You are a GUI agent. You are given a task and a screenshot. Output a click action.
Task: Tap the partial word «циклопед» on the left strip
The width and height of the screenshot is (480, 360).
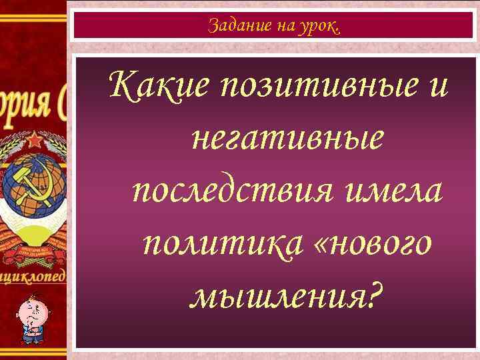[x=33, y=276]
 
